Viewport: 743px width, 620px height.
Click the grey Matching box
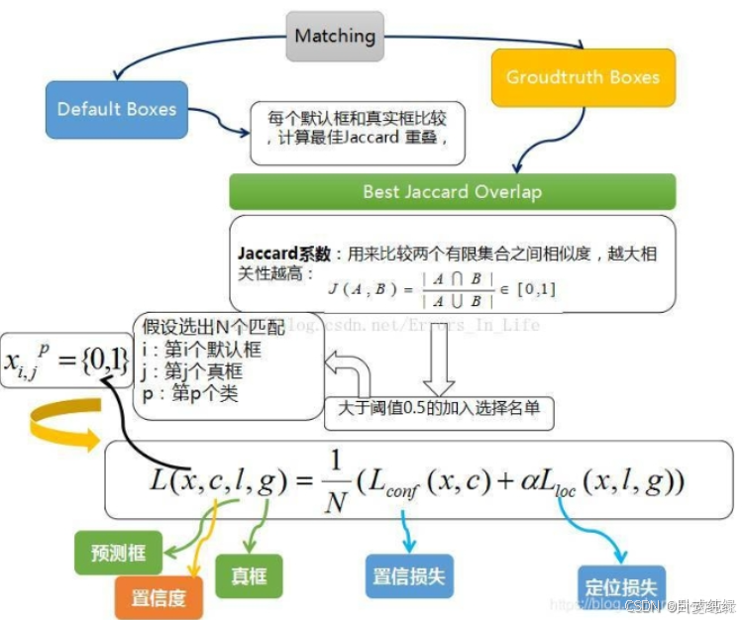tap(335, 37)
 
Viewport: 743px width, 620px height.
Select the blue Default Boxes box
tap(116, 109)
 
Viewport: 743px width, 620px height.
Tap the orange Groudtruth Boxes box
tap(583, 77)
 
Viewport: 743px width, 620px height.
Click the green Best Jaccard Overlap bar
tap(452, 191)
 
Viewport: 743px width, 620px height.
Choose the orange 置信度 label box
tap(159, 597)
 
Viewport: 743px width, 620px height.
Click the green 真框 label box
tap(250, 574)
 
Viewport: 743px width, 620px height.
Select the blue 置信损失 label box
tap(410, 575)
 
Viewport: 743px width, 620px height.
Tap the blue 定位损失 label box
tap(621, 586)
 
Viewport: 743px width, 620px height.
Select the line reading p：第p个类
tap(190, 393)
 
